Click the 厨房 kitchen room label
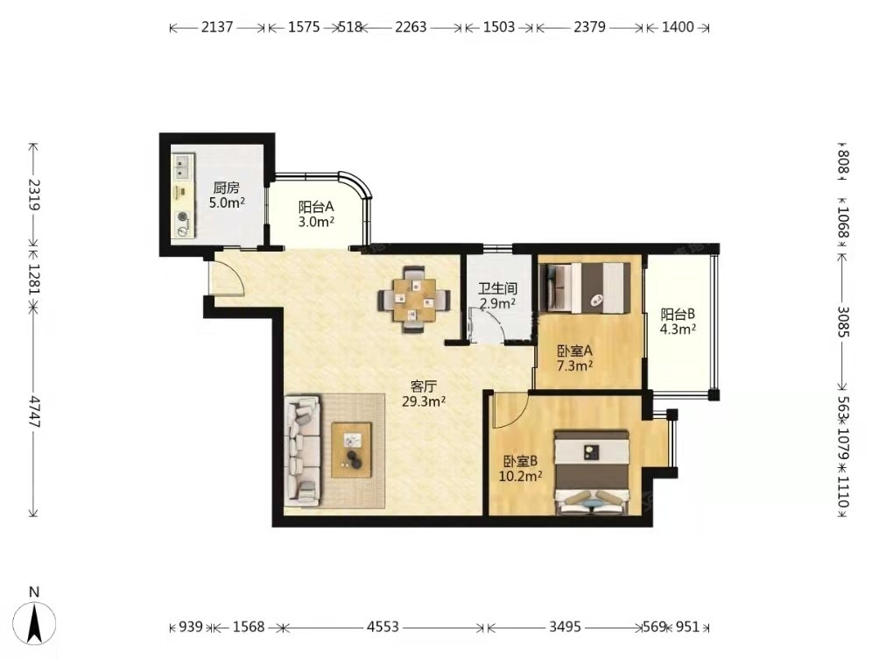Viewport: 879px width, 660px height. (226, 188)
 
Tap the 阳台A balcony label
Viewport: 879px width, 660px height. (316, 207)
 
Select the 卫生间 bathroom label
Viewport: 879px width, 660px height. (497, 288)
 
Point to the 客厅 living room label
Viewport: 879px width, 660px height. (424, 387)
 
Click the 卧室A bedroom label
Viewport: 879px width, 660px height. (574, 351)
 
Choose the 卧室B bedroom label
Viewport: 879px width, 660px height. (520, 461)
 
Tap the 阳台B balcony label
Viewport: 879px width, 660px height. (678, 315)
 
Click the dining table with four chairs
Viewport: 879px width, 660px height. (414, 299)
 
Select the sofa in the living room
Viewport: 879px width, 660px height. (303, 451)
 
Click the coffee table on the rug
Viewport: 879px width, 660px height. (351, 451)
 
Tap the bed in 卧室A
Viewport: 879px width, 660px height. (585, 287)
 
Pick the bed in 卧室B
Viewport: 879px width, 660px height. (591, 472)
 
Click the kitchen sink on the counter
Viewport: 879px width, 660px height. (182, 166)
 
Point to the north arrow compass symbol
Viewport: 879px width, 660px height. (35, 622)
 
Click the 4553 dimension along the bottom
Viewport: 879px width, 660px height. (383, 627)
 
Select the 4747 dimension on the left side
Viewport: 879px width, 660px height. (35, 412)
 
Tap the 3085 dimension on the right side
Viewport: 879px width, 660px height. (843, 322)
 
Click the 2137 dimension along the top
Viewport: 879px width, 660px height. (217, 27)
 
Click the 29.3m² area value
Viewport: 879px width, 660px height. (424, 401)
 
